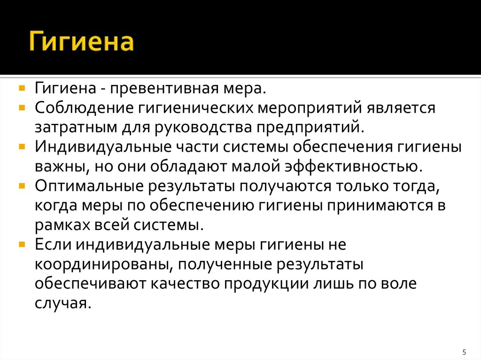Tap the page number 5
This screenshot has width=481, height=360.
464,352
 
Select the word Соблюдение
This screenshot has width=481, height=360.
83,108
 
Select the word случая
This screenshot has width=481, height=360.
62,303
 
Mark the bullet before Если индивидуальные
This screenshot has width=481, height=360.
22,244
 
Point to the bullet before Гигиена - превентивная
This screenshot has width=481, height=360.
22,88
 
